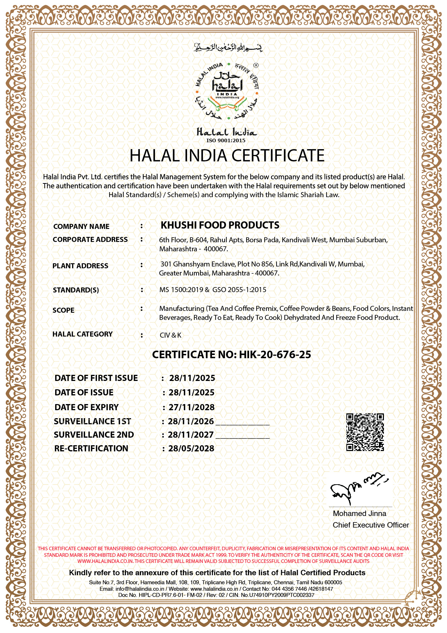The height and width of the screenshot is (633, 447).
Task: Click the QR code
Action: pyautogui.click(x=365, y=432)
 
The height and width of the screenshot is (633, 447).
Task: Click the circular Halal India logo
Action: pyautogui.click(x=227, y=91)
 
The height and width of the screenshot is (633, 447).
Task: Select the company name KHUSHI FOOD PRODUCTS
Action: pyautogui.click(x=220, y=225)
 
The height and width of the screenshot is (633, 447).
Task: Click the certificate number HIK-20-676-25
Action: pyautogui.click(x=275, y=355)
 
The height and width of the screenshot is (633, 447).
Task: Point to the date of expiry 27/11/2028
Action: pyautogui.click(x=191, y=407)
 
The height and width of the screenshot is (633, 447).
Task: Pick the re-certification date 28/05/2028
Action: pyautogui.click(x=191, y=448)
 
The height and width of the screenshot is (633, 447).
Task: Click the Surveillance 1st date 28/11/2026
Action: pyautogui.click(x=191, y=421)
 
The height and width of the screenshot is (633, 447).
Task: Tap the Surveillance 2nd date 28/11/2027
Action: pyautogui.click(x=191, y=435)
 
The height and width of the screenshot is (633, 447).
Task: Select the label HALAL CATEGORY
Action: pyautogui.click(x=83, y=334)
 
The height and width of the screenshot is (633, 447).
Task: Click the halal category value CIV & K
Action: pyautogui.click(x=171, y=335)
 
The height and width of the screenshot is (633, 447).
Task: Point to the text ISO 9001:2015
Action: pyautogui.click(x=226, y=140)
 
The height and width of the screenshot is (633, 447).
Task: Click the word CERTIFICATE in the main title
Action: pyautogui.click(x=278, y=156)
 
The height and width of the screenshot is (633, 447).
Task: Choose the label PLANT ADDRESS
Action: pyautogui.click(x=80, y=266)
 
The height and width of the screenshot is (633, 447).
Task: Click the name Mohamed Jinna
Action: pyautogui.click(x=359, y=513)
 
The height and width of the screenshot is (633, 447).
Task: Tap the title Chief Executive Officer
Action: pyautogui.click(x=371, y=525)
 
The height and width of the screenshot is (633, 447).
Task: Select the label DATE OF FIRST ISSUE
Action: pyautogui.click(x=96, y=378)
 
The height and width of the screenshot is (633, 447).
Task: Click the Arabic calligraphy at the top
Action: pyautogui.click(x=228, y=47)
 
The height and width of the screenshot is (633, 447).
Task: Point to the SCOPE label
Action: pyautogui.click(x=63, y=310)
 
